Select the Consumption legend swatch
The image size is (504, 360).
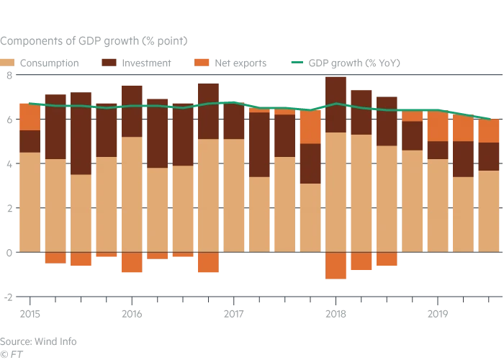(x=9, y=63)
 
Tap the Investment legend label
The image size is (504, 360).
(x=147, y=63)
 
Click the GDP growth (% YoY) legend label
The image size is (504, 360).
(x=354, y=63)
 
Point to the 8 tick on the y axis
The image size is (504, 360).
(x=9, y=75)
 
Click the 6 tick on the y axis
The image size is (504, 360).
(x=9, y=120)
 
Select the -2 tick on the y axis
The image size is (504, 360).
(x=7, y=297)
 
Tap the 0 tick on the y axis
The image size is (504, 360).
(x=9, y=252)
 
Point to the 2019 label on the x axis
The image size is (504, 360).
(x=438, y=313)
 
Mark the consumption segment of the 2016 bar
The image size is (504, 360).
(x=132, y=194)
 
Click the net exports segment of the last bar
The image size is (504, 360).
(x=490, y=131)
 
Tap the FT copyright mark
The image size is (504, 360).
(x=11, y=354)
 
